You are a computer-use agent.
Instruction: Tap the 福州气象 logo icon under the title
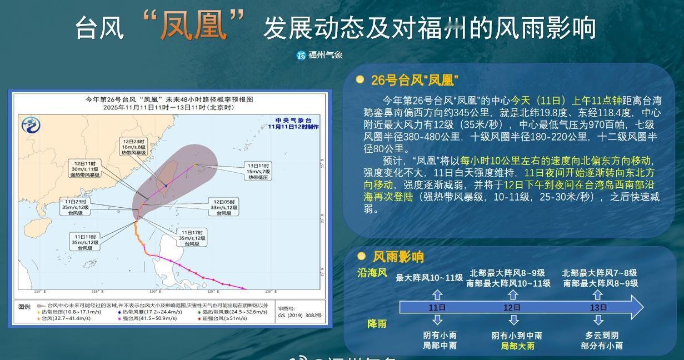[301, 55]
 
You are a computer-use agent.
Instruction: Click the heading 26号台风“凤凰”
[415, 81]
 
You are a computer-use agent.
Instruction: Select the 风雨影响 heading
[398, 257]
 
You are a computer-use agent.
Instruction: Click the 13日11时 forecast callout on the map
[258, 171]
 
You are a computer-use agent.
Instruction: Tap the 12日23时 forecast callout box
[133, 147]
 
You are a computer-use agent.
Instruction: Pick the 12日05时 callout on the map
[224, 207]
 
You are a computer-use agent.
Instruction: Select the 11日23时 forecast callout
[76, 207]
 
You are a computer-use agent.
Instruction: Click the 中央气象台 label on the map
[293, 120]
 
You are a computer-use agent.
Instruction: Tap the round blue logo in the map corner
[31, 125]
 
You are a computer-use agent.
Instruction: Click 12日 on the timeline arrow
[512, 307]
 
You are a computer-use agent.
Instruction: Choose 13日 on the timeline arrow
[597, 307]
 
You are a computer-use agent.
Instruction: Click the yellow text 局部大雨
[517, 346]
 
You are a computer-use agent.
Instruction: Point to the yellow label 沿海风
[372, 273]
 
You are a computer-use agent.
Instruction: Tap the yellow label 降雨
[377, 323]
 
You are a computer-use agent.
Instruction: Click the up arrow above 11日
[437, 294]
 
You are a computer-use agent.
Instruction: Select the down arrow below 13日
[598, 320]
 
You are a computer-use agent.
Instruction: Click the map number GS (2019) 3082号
[300, 315]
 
